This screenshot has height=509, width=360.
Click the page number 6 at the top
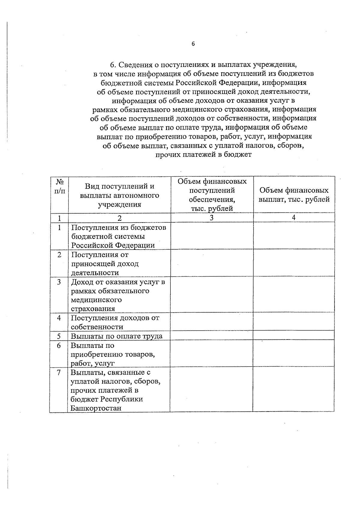193,44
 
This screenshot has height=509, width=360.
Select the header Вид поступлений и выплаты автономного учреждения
119,195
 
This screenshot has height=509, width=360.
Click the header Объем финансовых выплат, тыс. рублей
294,195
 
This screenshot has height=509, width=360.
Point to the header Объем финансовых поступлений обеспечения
212,195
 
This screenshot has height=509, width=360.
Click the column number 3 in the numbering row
211,218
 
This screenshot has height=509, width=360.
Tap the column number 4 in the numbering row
293,218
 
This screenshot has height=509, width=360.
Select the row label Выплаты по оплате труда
116,336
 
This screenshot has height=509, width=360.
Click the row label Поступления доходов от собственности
115,322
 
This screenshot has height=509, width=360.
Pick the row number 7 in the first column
59,373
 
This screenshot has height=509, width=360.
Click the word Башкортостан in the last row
96,408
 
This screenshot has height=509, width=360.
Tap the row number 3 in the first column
59,282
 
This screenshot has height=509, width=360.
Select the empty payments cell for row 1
293,236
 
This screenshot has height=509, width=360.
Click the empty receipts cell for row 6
211,353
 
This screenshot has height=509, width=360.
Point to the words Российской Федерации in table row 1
113,245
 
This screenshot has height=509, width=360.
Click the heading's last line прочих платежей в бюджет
203,155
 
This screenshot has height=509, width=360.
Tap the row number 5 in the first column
59,336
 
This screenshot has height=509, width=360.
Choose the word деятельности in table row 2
95,273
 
